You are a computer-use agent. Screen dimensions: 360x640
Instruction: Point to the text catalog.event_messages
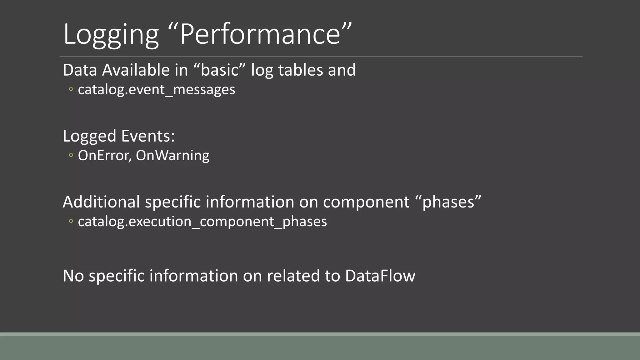click(156, 90)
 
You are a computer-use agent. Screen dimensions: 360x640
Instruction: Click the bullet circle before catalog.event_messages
click(71, 89)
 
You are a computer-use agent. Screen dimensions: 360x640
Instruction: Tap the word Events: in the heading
click(148, 136)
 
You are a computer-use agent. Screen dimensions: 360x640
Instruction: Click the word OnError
click(104, 156)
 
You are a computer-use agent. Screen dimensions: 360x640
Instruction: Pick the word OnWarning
click(172, 156)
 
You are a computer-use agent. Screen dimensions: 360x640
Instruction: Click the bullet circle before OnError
click(71, 155)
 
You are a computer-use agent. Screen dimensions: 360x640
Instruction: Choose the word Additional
click(101, 202)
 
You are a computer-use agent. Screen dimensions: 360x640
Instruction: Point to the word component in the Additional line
click(366, 202)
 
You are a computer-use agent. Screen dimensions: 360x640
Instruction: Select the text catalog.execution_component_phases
click(202, 222)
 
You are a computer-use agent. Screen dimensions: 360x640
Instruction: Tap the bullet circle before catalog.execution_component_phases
click(71, 221)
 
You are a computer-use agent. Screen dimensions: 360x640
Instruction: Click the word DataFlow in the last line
click(380, 276)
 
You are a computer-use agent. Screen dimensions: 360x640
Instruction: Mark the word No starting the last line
click(73, 276)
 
